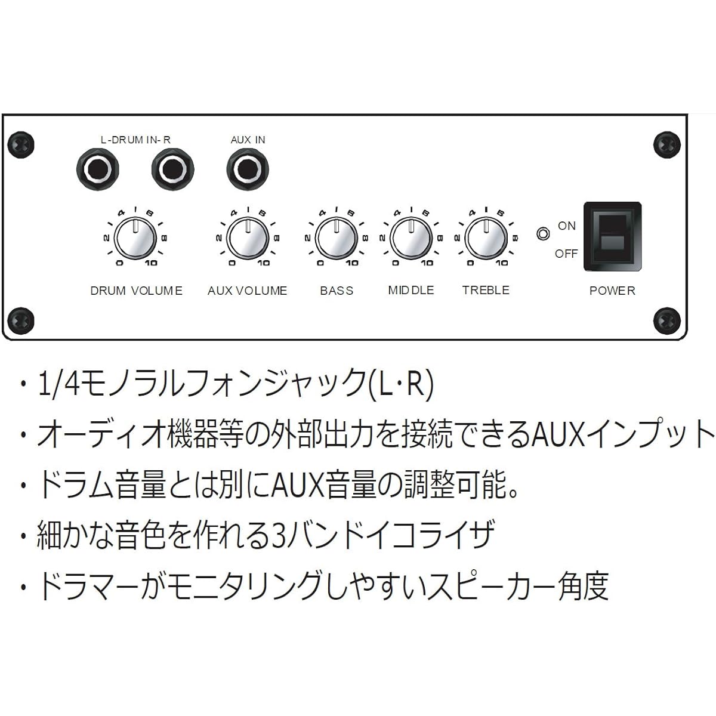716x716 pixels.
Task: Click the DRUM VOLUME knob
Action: tap(135, 238)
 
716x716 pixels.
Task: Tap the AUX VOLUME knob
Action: tap(248, 238)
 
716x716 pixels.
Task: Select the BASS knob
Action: tap(337, 238)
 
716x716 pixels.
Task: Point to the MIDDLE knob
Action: tap(411, 238)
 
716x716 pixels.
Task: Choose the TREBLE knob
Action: tap(486, 238)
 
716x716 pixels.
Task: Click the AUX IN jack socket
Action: tap(248, 169)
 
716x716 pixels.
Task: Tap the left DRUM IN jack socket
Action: tap(98, 169)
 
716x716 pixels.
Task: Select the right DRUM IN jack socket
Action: tap(173, 169)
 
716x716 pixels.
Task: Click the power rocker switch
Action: tap(613, 237)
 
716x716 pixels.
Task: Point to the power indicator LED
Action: tap(543, 234)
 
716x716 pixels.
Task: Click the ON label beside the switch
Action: tap(567, 226)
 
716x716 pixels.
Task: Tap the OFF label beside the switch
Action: tap(566, 254)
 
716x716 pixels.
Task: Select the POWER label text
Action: tap(612, 291)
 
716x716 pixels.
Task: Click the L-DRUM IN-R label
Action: tap(135, 140)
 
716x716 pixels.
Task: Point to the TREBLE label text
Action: tap(486, 290)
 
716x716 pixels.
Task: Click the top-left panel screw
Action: tap(21, 144)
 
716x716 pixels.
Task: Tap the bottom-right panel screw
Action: tap(667, 320)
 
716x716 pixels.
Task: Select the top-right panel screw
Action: tap(667, 144)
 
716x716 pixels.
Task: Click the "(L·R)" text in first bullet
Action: tap(401, 383)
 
